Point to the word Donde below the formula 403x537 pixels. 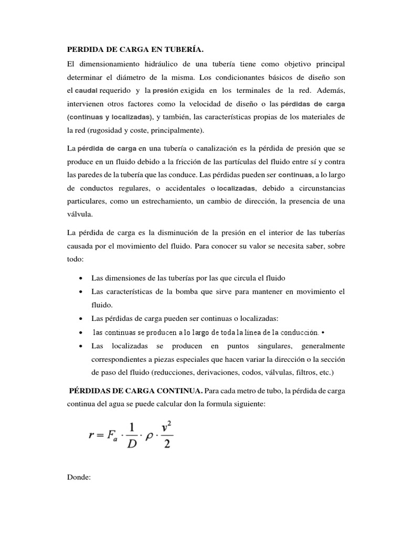click(79, 479)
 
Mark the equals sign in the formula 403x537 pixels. click(101, 434)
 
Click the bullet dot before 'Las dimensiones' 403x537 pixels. click(79, 277)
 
